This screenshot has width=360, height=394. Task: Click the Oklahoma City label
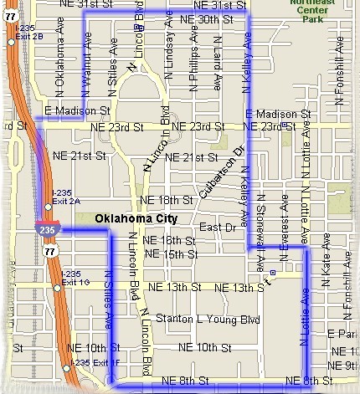(137, 218)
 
